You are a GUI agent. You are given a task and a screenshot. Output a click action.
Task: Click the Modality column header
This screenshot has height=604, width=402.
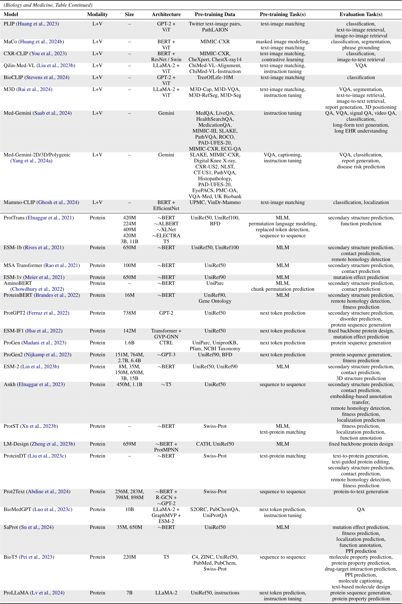(97, 14)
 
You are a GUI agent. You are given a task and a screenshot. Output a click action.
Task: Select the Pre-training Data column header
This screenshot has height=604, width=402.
(215, 14)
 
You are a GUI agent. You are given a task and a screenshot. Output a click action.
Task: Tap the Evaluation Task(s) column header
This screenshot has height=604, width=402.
(361, 14)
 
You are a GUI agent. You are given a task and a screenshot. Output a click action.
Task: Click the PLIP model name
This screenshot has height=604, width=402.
(9, 24)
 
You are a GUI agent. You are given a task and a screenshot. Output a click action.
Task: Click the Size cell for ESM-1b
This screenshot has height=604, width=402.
(130, 247)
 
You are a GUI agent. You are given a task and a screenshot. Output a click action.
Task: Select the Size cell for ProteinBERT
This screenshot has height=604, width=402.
(130, 295)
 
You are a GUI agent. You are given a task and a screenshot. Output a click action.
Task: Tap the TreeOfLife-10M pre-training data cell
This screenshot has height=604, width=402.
(215, 77)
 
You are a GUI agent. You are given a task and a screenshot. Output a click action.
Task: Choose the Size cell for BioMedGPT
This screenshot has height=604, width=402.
(130, 509)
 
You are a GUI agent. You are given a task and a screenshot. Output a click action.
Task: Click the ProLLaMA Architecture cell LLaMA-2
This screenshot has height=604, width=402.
(166, 593)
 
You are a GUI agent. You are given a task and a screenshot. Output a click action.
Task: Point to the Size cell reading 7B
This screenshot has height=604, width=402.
(130, 593)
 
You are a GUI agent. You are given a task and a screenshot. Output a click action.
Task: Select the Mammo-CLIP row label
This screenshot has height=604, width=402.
(19, 202)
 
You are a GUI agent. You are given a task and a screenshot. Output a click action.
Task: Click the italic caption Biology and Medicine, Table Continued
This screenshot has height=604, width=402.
(48, 5)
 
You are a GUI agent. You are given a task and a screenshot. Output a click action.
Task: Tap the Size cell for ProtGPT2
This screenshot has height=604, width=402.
(130, 313)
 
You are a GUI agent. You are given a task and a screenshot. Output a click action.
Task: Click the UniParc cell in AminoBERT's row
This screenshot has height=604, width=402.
(215, 283)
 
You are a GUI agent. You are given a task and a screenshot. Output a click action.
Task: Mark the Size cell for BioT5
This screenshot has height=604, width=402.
(130, 557)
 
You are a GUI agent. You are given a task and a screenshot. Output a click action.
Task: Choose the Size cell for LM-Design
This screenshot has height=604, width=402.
(130, 444)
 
